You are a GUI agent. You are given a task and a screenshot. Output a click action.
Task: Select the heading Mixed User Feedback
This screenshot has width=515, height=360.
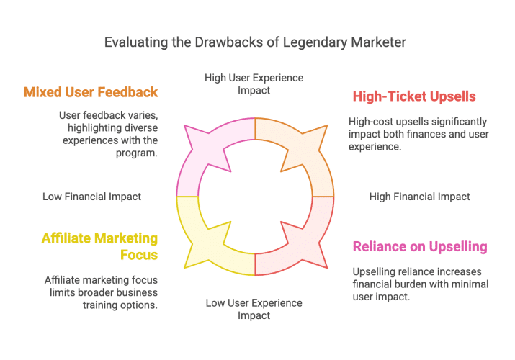point(91,92)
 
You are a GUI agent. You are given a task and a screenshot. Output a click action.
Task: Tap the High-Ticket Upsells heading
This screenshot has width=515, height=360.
point(414,96)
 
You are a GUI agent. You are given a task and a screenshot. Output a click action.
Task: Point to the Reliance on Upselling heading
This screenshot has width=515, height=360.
point(420,246)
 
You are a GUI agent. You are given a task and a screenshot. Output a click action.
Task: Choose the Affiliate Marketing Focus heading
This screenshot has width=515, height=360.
point(99,246)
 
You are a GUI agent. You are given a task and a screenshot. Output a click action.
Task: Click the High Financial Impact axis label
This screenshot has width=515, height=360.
point(419,197)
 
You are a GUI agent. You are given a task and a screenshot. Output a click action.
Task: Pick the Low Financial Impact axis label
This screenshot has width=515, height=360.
point(91,196)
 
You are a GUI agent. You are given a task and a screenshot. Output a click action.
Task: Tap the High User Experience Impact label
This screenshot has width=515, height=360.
point(254,84)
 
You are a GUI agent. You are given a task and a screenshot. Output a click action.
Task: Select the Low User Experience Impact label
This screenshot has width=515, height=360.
point(254,309)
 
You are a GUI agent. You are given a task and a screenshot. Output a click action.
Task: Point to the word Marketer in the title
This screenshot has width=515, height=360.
point(380,42)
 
